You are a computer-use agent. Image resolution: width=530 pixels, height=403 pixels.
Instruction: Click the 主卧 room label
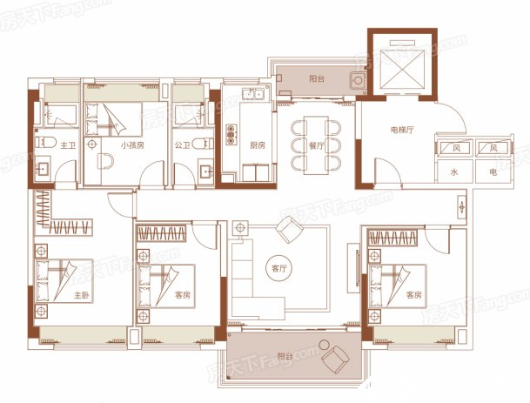click(x=82, y=295)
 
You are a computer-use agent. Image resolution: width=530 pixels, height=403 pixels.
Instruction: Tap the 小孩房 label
click(x=132, y=145)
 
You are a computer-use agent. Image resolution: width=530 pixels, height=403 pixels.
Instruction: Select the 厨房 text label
click(x=258, y=145)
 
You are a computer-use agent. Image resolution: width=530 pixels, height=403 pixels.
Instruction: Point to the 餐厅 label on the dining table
click(x=316, y=146)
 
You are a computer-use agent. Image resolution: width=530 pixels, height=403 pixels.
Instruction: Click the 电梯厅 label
click(x=402, y=130)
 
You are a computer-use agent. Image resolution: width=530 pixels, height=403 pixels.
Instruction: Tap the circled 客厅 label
click(x=279, y=269)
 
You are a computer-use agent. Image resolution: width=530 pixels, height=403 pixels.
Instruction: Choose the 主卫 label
click(x=68, y=145)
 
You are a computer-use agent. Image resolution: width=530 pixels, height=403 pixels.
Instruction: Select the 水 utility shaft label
click(x=454, y=172)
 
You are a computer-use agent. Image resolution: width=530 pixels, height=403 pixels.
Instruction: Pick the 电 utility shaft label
click(x=493, y=172)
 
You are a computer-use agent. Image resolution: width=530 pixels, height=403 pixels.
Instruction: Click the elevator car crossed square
click(x=402, y=70)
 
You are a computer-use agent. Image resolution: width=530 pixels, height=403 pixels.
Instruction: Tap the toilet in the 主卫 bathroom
click(x=46, y=143)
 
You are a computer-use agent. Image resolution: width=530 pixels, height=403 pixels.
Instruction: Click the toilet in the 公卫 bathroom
click(x=203, y=144)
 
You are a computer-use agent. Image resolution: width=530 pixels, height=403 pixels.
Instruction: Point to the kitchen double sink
click(x=253, y=93)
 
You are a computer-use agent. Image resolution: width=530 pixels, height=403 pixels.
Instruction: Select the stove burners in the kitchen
click(x=231, y=135)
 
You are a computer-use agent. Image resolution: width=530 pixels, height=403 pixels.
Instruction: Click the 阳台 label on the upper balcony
click(x=317, y=79)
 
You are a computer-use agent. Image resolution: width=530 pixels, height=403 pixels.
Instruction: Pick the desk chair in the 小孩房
click(x=105, y=161)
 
